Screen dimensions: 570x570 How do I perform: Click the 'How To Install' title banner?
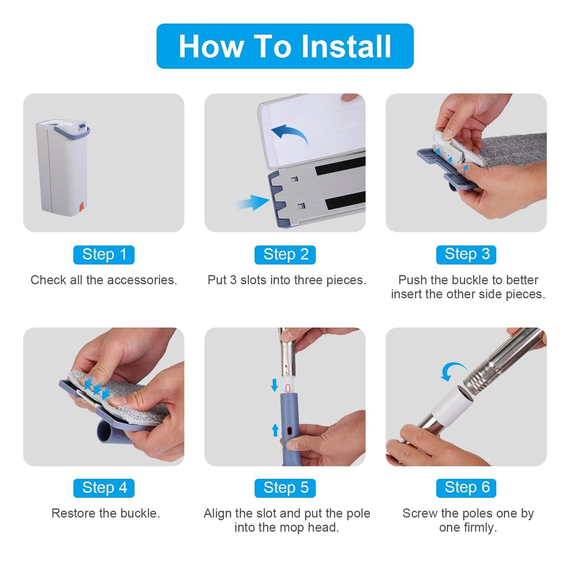(x=285, y=46)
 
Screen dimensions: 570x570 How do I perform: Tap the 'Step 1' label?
(x=104, y=255)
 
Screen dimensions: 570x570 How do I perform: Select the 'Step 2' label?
(x=285, y=255)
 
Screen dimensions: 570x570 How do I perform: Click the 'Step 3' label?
(x=466, y=255)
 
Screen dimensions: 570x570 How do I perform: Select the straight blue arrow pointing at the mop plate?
(x=253, y=202)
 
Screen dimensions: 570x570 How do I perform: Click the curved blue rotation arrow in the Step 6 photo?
(x=452, y=370)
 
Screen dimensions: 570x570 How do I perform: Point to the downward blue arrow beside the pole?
(x=275, y=385)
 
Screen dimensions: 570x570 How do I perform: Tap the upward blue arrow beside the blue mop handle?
(x=275, y=430)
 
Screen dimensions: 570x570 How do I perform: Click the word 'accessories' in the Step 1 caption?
(x=142, y=280)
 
